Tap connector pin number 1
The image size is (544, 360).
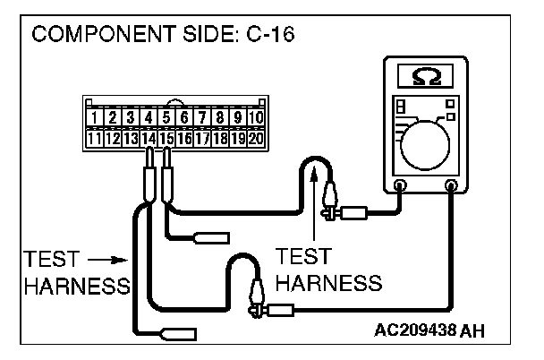94,117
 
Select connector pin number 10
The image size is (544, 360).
257,117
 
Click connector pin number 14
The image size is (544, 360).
149,139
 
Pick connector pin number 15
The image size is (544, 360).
166,139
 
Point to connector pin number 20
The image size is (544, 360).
257,139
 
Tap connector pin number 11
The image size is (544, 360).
94,139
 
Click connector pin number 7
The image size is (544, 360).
203,117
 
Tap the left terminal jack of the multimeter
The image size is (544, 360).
400,186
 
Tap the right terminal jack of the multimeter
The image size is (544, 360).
451,186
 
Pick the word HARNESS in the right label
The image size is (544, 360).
328,283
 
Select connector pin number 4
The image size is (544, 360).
149,117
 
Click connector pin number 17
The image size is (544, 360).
203,139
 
